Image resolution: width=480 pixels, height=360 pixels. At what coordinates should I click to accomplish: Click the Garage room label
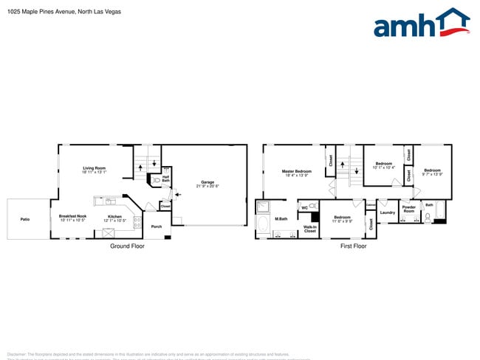tap(208, 182)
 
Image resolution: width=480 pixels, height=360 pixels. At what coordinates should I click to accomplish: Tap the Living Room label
tap(94, 168)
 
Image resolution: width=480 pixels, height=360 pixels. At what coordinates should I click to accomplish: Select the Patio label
tap(25, 218)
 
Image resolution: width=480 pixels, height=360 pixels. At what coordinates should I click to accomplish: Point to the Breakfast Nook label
tap(72, 215)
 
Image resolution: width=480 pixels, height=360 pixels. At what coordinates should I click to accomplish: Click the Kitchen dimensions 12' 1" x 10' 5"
tap(114, 221)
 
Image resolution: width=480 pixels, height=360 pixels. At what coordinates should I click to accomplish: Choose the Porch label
tap(156, 226)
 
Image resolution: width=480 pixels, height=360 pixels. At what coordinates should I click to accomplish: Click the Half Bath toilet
tap(156, 179)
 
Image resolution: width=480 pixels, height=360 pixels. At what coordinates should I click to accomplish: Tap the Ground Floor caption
tap(128, 246)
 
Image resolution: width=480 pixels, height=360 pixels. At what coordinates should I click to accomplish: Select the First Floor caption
tap(353, 246)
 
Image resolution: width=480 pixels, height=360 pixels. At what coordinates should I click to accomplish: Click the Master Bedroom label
tap(296, 171)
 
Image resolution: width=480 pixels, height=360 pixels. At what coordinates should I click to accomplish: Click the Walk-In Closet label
tap(309, 229)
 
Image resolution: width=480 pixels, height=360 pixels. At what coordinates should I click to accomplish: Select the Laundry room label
tap(388, 212)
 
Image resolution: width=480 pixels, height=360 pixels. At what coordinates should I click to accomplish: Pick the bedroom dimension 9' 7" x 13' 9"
tap(432, 174)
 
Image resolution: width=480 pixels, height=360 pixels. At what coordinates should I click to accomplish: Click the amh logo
tap(421, 23)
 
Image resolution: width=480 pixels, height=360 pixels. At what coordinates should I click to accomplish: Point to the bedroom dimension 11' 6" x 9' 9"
tap(342, 221)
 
